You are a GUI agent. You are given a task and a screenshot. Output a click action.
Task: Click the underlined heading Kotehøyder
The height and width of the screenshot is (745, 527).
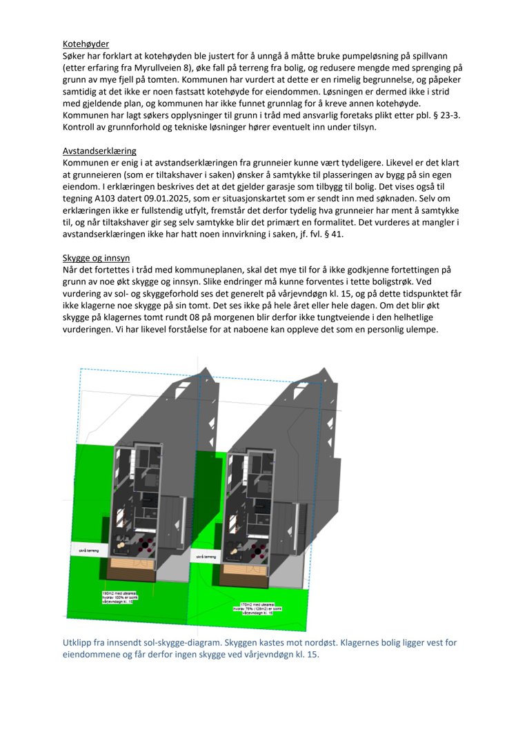click(x=86, y=44)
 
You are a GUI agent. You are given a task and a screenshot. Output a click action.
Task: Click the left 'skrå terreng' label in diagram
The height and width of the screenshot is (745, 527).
click(x=90, y=550)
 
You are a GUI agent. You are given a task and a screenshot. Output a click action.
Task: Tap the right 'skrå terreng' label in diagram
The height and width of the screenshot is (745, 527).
click(x=206, y=555)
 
